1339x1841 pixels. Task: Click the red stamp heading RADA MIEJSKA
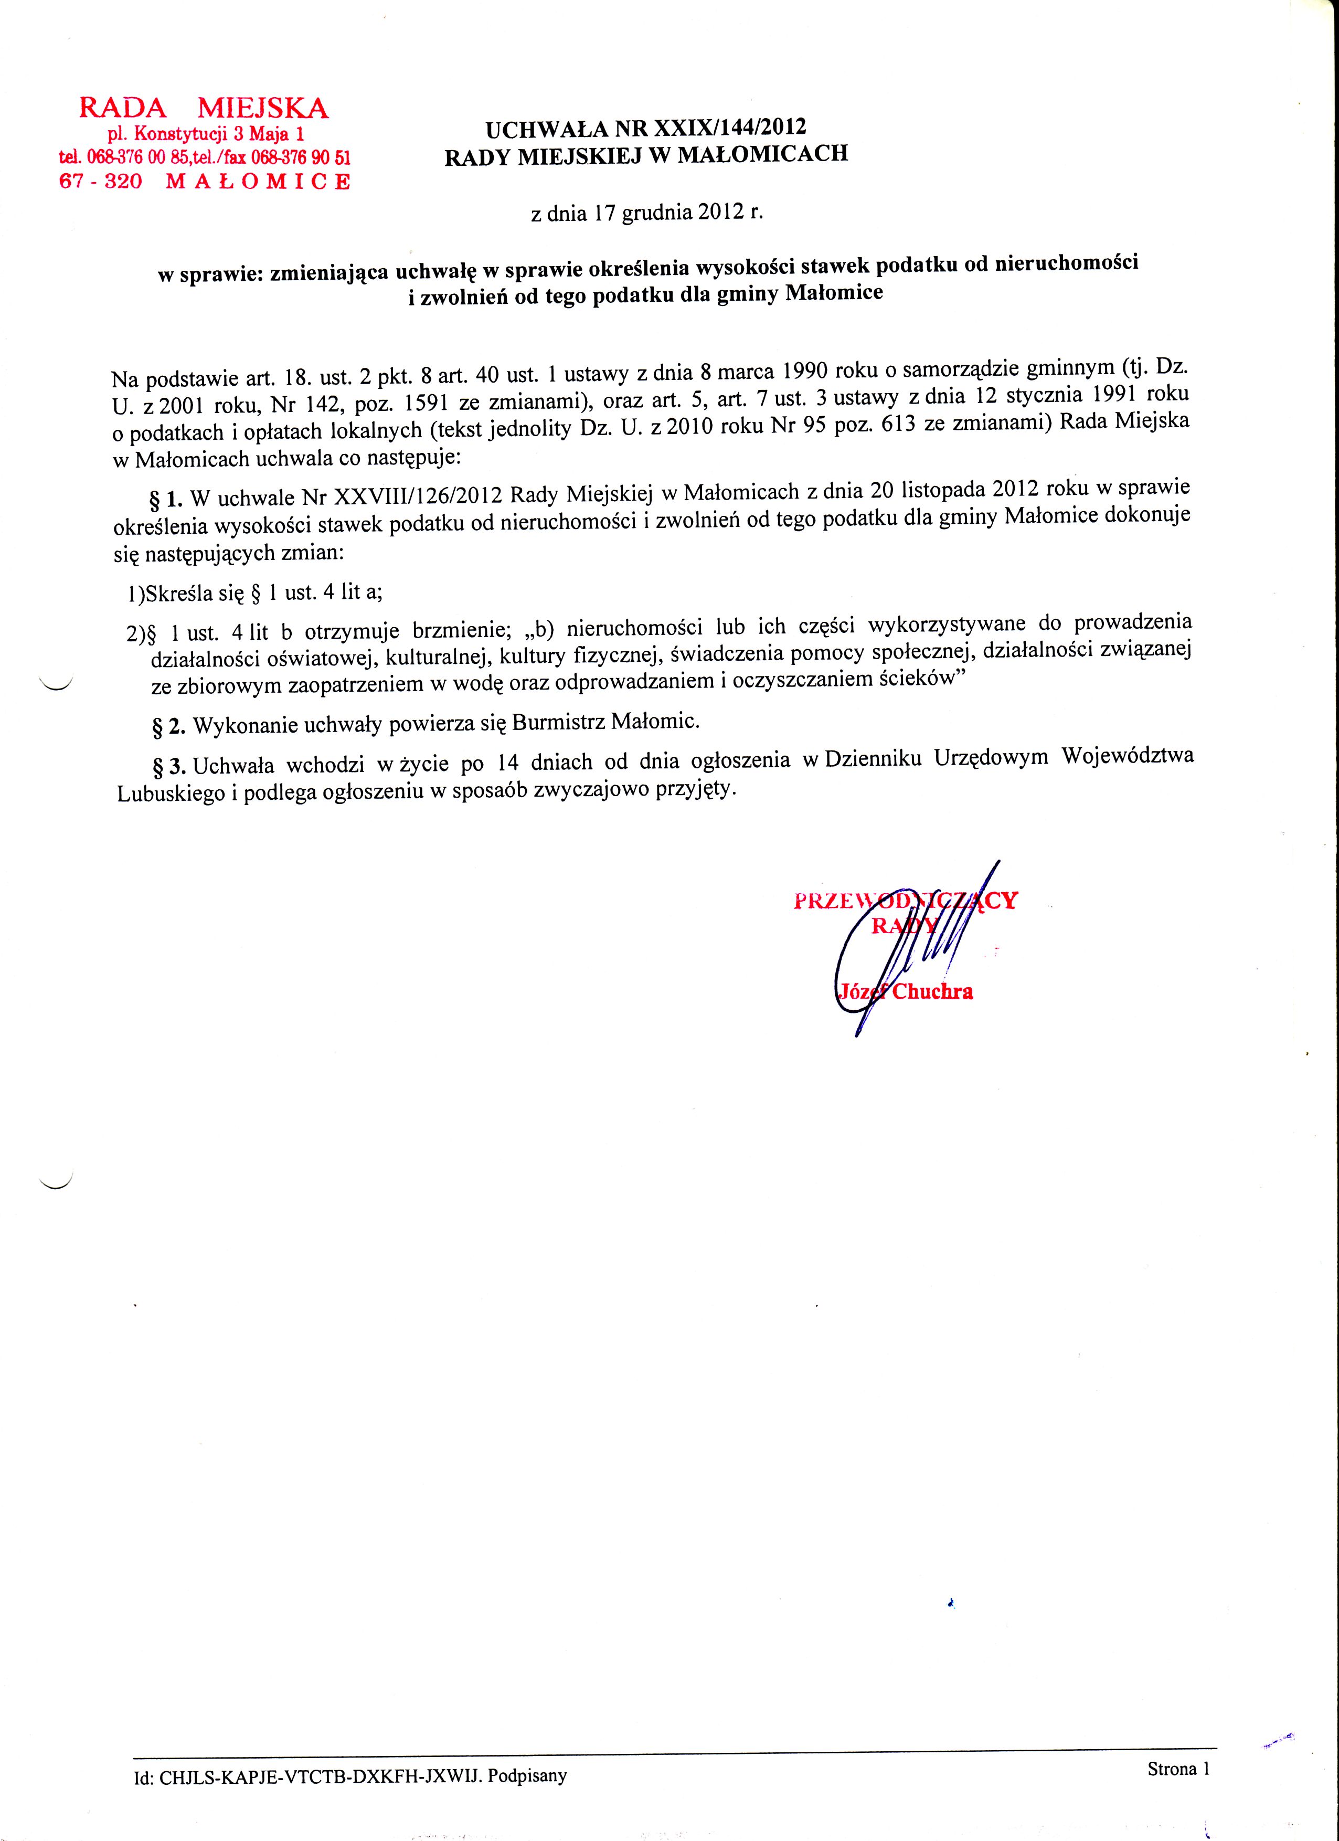[203, 108]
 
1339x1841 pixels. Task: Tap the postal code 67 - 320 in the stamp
[101, 181]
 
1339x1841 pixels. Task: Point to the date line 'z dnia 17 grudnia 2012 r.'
[647, 213]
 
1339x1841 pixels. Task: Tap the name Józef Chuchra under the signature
[903, 991]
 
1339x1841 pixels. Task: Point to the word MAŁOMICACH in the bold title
[762, 153]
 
